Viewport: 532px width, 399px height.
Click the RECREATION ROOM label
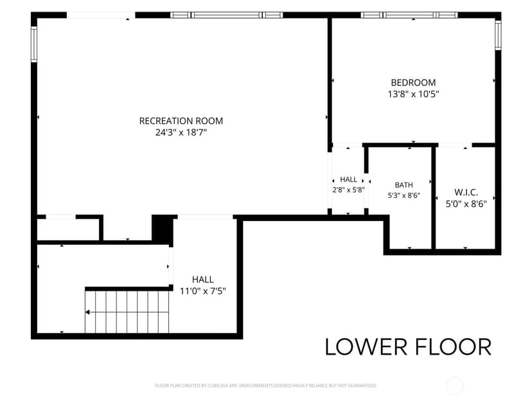pyautogui.click(x=181, y=121)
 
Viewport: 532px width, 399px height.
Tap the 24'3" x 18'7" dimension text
pyautogui.click(x=181, y=132)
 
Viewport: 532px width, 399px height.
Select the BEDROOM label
pyautogui.click(x=413, y=82)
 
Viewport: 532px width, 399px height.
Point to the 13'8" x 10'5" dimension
pyautogui.click(x=413, y=94)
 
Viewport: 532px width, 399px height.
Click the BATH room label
pyautogui.click(x=403, y=185)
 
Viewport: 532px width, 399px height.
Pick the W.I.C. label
pyautogui.click(x=466, y=192)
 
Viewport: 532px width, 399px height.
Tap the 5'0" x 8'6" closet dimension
pyautogui.click(x=466, y=204)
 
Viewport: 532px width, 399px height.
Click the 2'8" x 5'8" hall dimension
pyautogui.click(x=348, y=190)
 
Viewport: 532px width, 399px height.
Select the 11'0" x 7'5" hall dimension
pyautogui.click(x=203, y=291)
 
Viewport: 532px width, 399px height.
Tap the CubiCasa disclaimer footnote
pyautogui.click(x=265, y=386)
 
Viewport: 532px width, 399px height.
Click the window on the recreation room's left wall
pyautogui.click(x=34, y=44)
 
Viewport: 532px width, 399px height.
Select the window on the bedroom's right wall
pyautogui.click(x=498, y=35)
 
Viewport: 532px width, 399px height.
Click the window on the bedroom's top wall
pyautogui.click(x=409, y=15)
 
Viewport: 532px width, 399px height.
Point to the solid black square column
pyautogui.click(x=163, y=228)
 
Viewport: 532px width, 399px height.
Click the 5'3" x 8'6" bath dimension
pyautogui.click(x=403, y=195)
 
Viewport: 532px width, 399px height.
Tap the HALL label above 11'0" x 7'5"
pyautogui.click(x=203, y=279)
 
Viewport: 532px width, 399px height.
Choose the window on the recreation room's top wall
pyautogui.click(x=226, y=15)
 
